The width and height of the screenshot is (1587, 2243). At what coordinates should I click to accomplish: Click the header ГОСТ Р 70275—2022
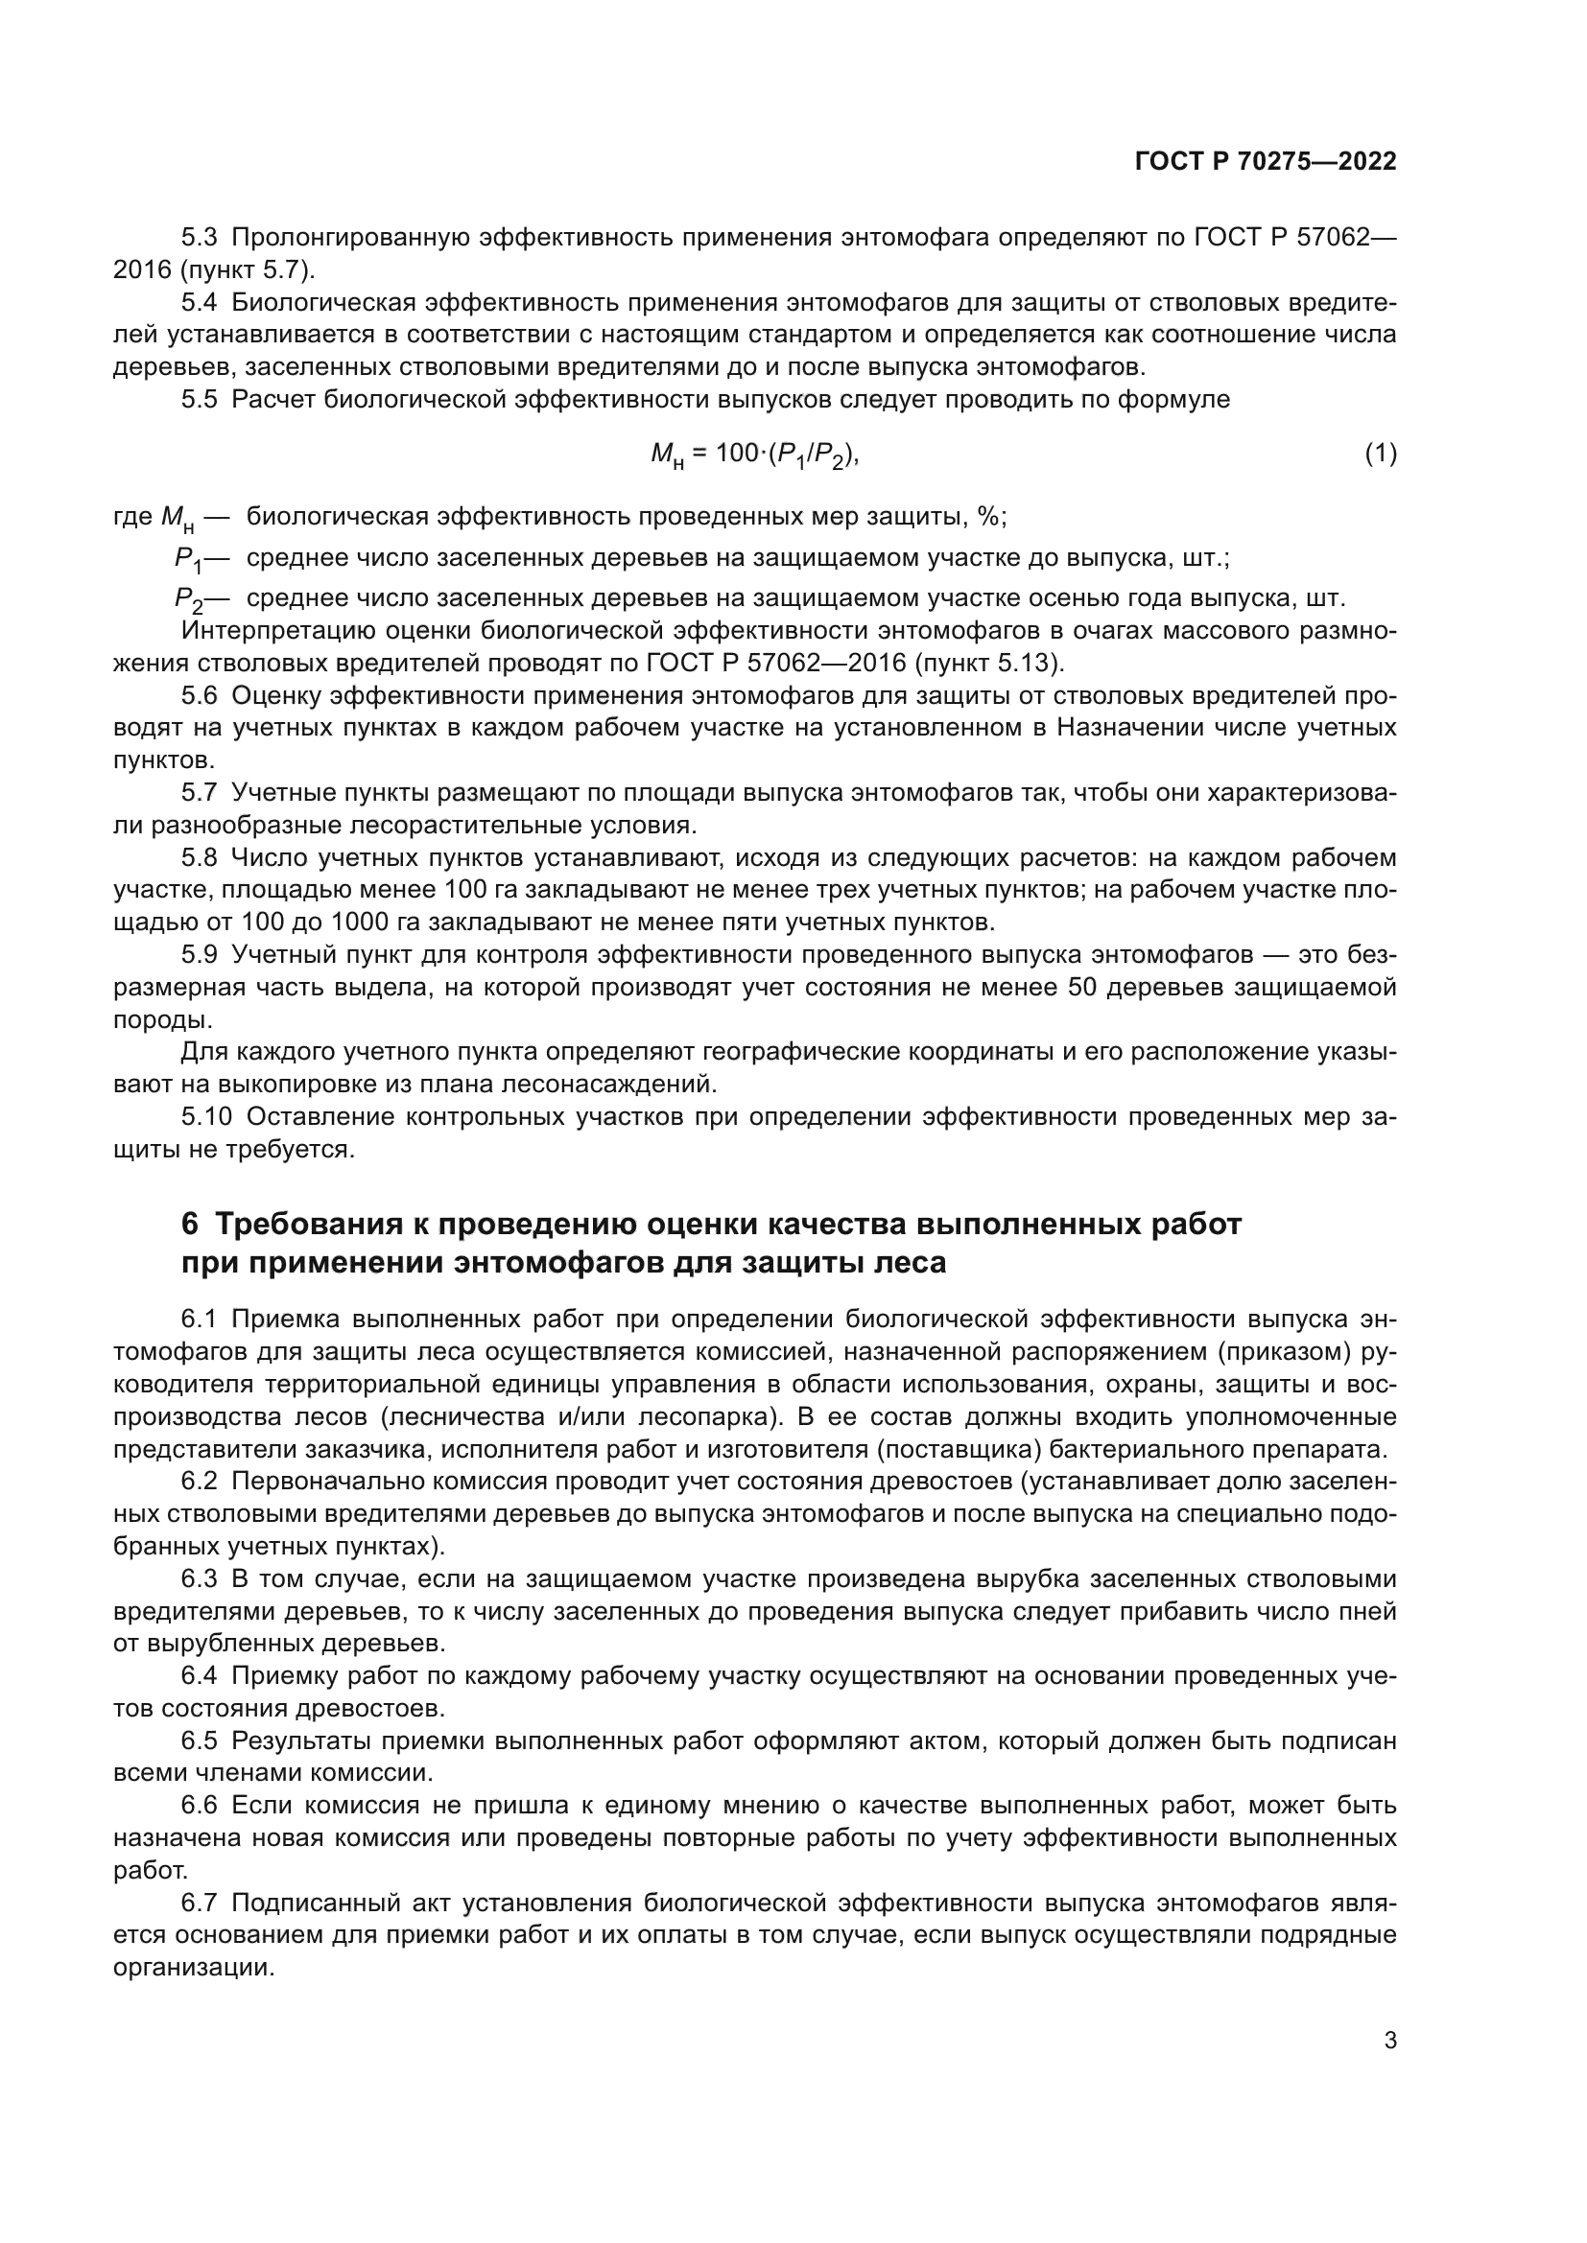coord(1266,162)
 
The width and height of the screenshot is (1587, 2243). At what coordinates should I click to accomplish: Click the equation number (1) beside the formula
coord(1380,454)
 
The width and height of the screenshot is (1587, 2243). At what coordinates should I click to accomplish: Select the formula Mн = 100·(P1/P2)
coord(754,455)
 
